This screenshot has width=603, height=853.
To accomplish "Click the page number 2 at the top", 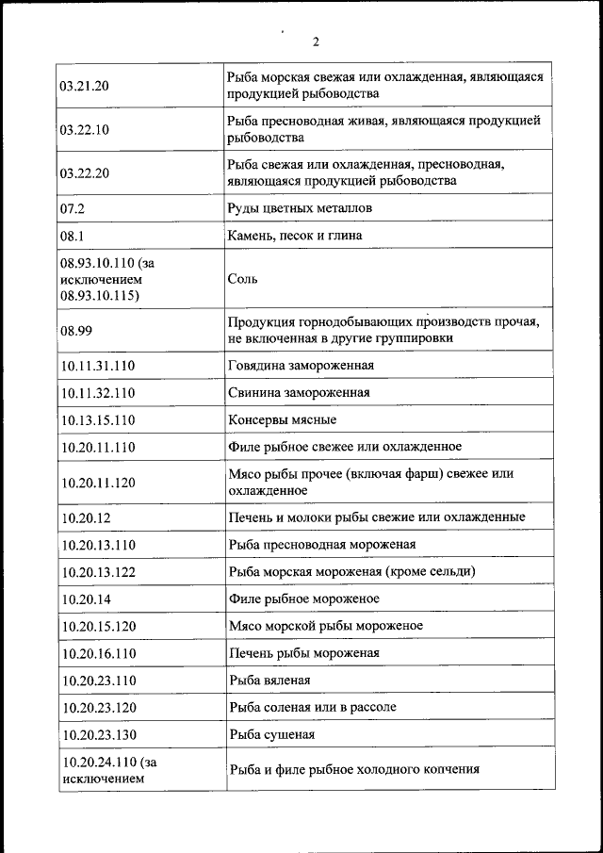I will pyautogui.click(x=317, y=41).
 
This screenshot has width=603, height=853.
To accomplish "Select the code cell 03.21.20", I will pyautogui.click(x=85, y=86).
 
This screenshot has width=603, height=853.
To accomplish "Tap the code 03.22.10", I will pyautogui.click(x=85, y=130).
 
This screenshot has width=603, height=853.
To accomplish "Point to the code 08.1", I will pyautogui.click(x=73, y=236).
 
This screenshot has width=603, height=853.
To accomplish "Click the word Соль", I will pyautogui.click(x=243, y=279).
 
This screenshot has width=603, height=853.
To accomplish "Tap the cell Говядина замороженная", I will pyautogui.click(x=301, y=366).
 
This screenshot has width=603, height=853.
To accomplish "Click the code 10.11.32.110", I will pyautogui.click(x=98, y=393).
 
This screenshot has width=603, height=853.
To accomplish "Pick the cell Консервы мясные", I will pyautogui.click(x=282, y=419).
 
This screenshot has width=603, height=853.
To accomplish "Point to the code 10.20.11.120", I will pyautogui.click(x=98, y=483).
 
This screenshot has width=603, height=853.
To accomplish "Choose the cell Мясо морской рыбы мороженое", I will pyautogui.click(x=325, y=625).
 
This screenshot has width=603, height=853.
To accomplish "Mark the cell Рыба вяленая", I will pyautogui.click(x=269, y=680).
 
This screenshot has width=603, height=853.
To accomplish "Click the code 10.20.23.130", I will pyautogui.click(x=98, y=734).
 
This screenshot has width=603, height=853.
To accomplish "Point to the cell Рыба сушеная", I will pyautogui.click(x=271, y=734).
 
